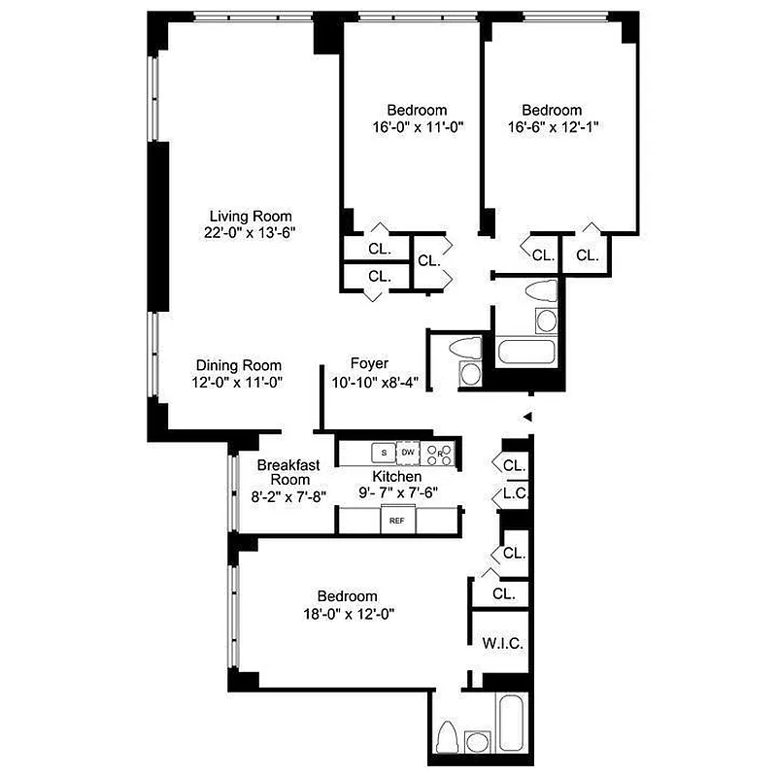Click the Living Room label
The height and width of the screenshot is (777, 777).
[x=252, y=216]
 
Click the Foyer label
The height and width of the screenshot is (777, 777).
[x=369, y=363]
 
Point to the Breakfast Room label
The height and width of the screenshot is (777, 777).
[x=288, y=473]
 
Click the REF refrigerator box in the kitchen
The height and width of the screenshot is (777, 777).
[x=396, y=521]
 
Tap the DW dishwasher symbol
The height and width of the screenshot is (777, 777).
[x=409, y=453]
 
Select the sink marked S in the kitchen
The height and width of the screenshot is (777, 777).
[x=384, y=453]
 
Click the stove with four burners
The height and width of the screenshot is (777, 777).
[x=440, y=453]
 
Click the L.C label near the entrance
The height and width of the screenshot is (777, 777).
[x=515, y=494]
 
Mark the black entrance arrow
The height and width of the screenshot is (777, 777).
[x=528, y=417]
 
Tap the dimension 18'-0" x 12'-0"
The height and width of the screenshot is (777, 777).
[x=348, y=613]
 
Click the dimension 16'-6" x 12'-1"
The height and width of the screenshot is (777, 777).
[x=552, y=127]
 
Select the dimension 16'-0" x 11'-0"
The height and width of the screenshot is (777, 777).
[x=416, y=127]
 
